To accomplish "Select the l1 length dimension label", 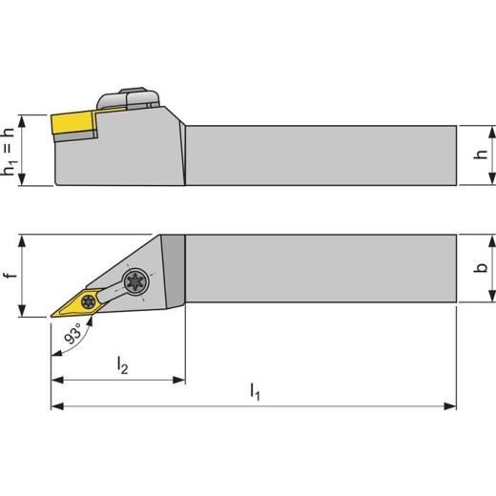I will point(255,390).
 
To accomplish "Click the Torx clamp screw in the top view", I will point(133,282).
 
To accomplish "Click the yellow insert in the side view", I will point(73,123).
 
